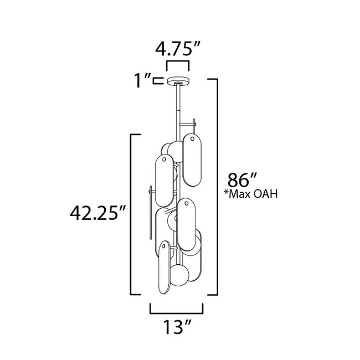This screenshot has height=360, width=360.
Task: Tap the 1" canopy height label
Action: coord(142,81)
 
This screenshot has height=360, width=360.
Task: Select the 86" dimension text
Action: coord(239,180)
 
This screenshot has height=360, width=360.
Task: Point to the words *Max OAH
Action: coord(251,194)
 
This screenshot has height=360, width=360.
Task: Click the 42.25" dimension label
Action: coord(98,213)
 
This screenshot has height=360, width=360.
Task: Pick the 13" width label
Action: coord(177,327)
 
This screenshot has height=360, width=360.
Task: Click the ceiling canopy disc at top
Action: coord(178,81)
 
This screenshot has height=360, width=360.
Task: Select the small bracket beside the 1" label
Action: coord(158,81)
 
